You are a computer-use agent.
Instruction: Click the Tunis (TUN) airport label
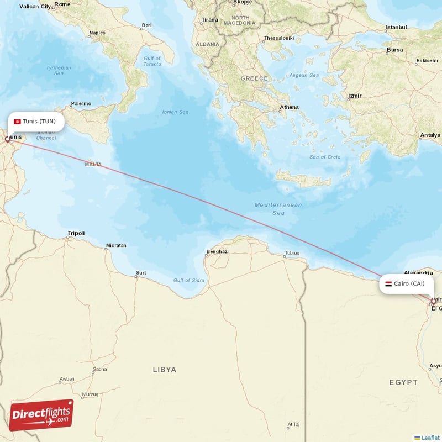pos(39,122)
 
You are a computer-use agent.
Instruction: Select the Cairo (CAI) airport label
pos(409,283)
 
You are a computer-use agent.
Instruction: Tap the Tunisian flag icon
pos(17,122)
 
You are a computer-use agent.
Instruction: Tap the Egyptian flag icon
pos(388,283)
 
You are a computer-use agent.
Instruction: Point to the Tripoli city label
pos(76,233)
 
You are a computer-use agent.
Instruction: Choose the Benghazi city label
pos(217,252)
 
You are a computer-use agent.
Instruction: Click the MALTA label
pos(93,165)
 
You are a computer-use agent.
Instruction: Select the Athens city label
pos(289,107)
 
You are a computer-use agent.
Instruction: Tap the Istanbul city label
pos(396,27)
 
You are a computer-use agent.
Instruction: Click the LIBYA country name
pos(164,369)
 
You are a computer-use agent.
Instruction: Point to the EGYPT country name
pos(403,382)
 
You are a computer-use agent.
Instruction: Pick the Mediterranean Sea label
pos(278,209)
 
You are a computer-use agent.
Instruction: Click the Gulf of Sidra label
pos(188,281)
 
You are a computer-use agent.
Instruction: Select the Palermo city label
pos(81,103)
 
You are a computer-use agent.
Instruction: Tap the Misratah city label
pos(115,245)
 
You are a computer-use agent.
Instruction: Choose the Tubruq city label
pos(292,253)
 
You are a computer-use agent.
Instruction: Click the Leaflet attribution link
pos(430,438)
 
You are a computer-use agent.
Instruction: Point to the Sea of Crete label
pos(325,157)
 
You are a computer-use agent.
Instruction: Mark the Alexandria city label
pos(418,273)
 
